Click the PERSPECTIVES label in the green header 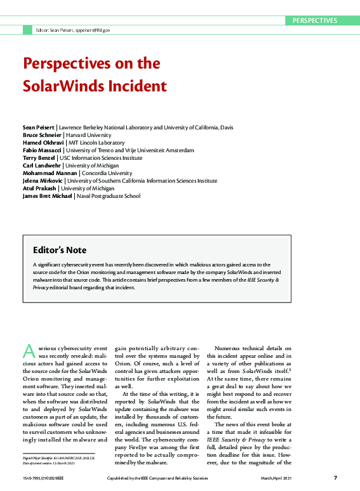pyautogui.click(x=314, y=20)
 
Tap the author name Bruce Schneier pyautogui.click(x=41, y=135)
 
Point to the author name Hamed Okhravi pyautogui.click(x=42, y=143)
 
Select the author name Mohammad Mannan pyautogui.click(x=50, y=173)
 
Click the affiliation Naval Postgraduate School pyautogui.click(x=109, y=196)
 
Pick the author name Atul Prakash pyautogui.click(x=39, y=188)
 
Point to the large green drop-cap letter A pyautogui.click(x=28, y=350)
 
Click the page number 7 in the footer pyautogui.click(x=335, y=477)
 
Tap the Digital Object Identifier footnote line pyautogui.click(x=58, y=457)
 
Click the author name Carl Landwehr pyautogui.click(x=41, y=165)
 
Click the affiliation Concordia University pyautogui.click(x=107, y=173)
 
